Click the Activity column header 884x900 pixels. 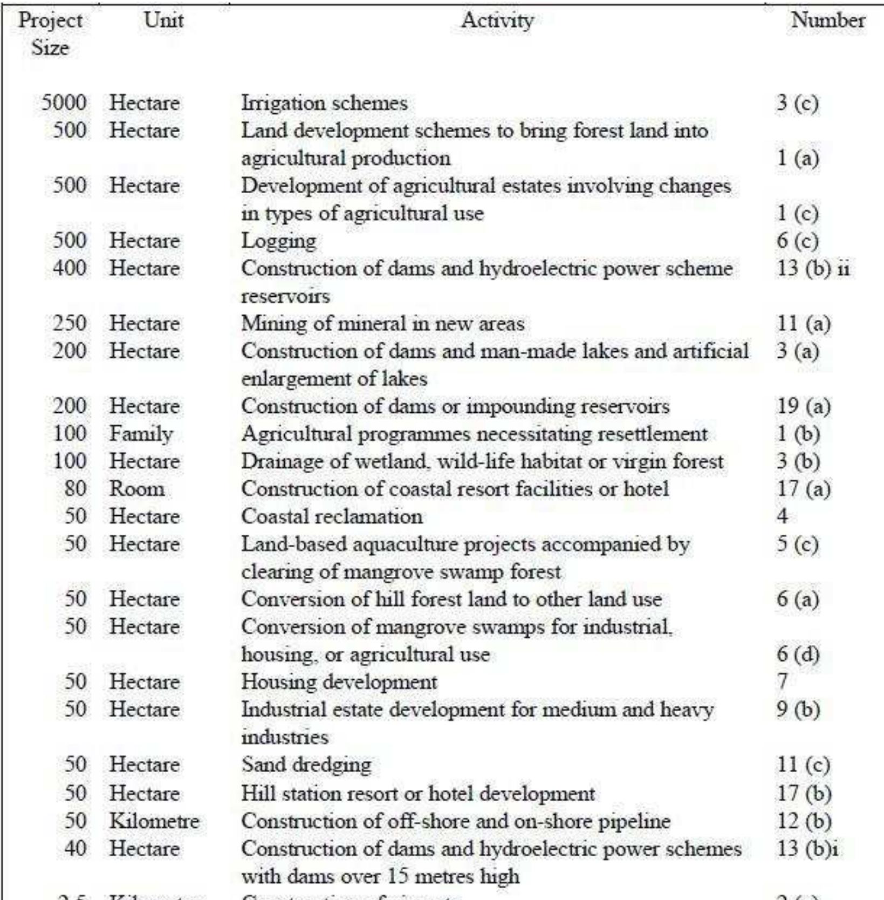[x=497, y=21]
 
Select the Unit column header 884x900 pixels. [x=163, y=21]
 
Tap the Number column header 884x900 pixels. [x=827, y=21]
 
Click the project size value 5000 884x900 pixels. [x=64, y=103]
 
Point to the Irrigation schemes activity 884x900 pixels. [x=324, y=103]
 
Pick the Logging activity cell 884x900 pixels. [x=278, y=241]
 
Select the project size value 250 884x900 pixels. [x=69, y=323]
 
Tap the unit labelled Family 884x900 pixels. [x=141, y=434]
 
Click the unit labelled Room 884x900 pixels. [x=137, y=489]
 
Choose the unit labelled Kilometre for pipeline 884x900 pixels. [x=154, y=821]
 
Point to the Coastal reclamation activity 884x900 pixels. [x=332, y=516]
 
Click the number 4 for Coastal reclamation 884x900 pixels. [x=782, y=516]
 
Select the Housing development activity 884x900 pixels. [x=339, y=682]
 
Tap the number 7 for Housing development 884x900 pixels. [x=782, y=682]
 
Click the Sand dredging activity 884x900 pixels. [x=306, y=765]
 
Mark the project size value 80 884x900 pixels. [x=75, y=489]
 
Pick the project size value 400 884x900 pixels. [x=69, y=268]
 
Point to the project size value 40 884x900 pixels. [x=75, y=848]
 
